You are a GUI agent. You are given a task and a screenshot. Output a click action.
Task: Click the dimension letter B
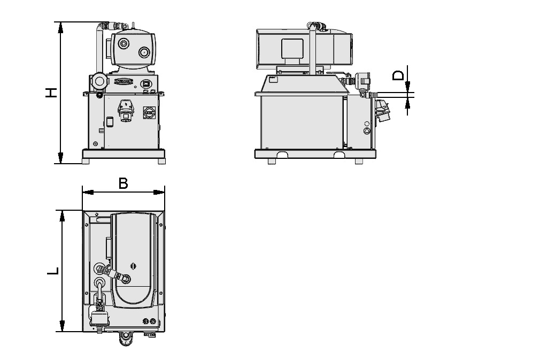[123, 183]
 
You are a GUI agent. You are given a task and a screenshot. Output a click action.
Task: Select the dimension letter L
[52, 271]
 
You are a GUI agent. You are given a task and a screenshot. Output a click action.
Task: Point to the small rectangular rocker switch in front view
[110, 122]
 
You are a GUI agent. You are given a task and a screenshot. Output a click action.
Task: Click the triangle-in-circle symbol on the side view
[366, 130]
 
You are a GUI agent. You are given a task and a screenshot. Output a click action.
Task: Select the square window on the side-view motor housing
[292, 48]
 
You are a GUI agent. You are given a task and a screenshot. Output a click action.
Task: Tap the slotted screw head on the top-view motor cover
[134, 265]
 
